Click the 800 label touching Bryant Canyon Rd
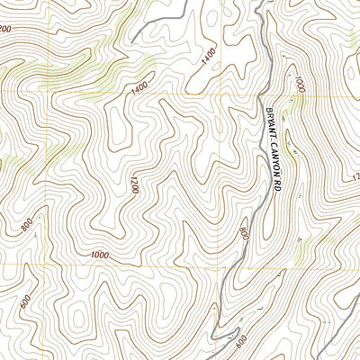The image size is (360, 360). click(244, 235)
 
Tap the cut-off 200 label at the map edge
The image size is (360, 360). click(4, 30)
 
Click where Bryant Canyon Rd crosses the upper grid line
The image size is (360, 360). click(265, 94)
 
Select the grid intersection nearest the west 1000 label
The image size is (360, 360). click(62, 265)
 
